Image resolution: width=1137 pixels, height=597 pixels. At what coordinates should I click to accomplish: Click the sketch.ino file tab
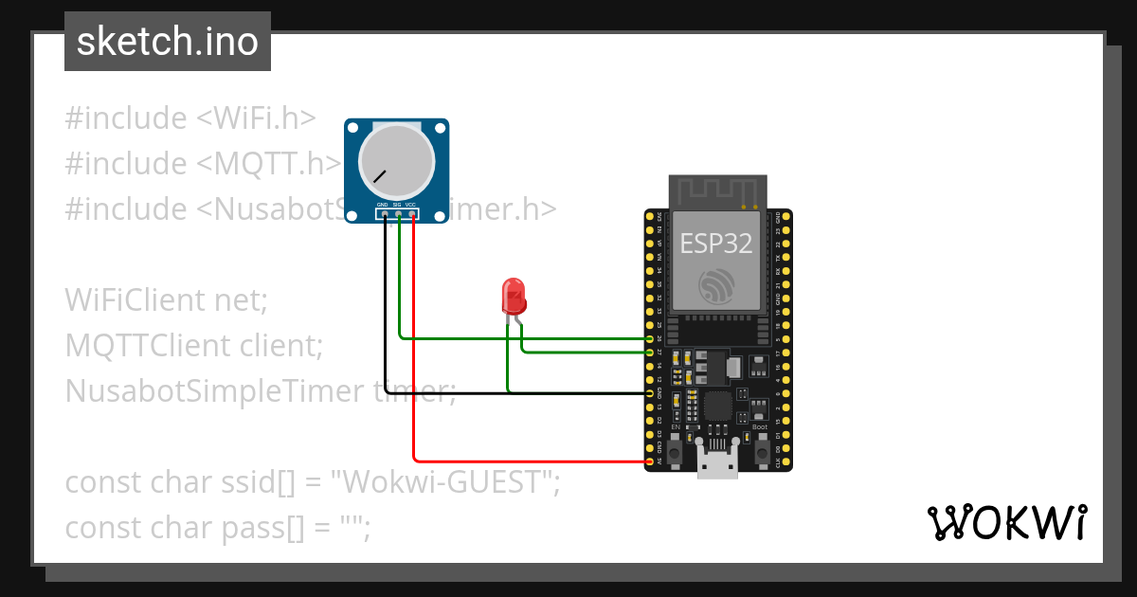pyautogui.click(x=168, y=42)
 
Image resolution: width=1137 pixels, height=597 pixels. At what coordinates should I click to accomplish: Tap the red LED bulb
pyautogui.click(x=514, y=296)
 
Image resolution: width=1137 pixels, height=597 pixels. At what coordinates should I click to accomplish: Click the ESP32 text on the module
pyautogui.click(x=716, y=244)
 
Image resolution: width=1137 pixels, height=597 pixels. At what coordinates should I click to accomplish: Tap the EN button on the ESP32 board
pyautogui.click(x=675, y=453)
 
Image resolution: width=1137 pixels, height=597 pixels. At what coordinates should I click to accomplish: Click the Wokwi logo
pyautogui.click(x=1006, y=522)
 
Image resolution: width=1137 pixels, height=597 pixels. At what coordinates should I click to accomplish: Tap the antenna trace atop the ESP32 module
pyautogui.click(x=717, y=190)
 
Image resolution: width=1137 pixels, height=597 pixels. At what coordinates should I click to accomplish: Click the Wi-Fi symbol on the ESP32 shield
pyautogui.click(x=716, y=287)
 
